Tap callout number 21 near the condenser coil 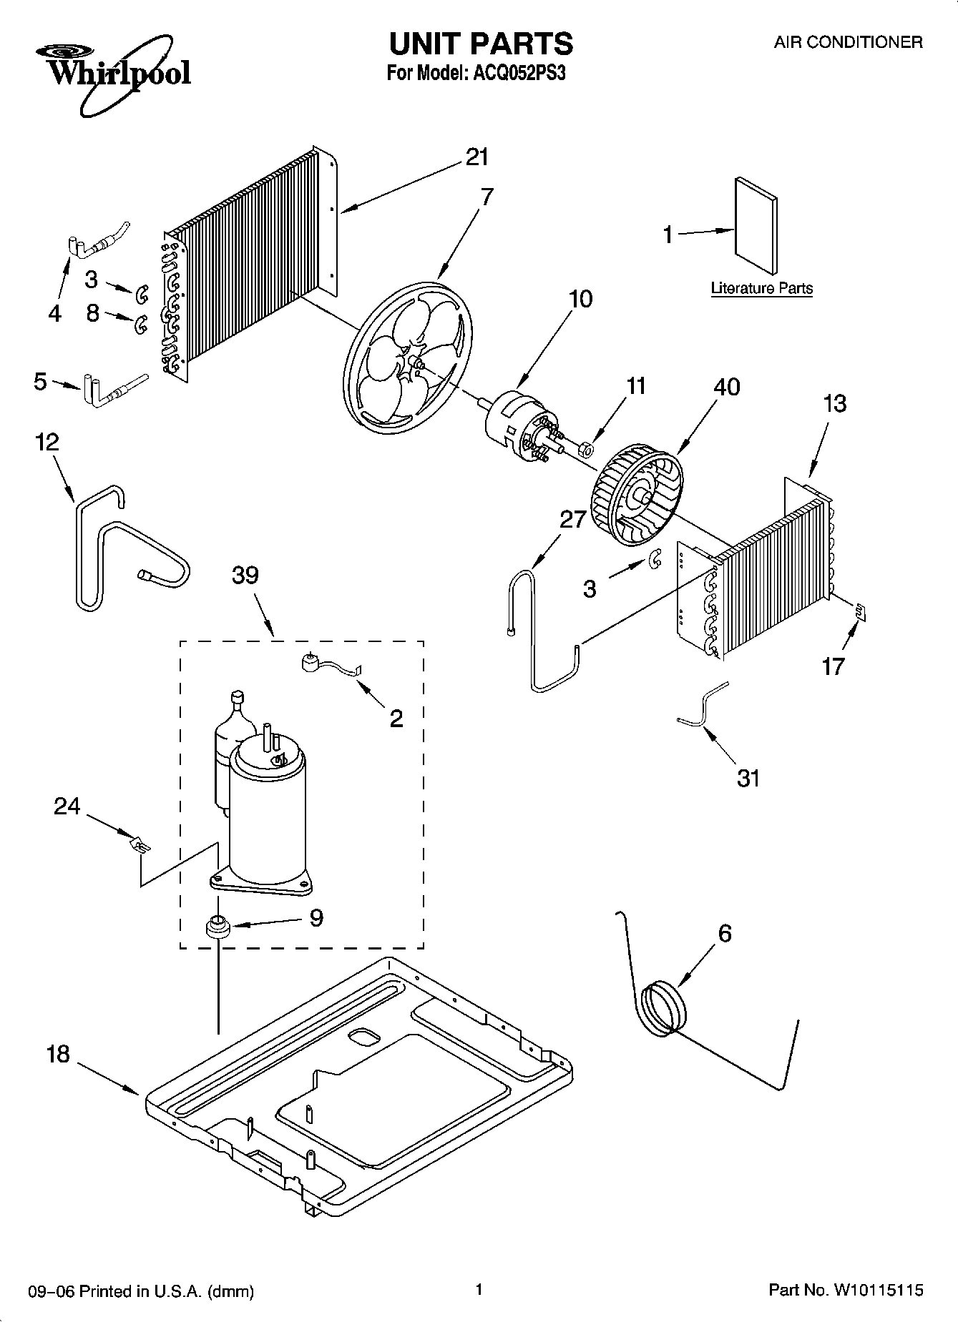point(476,157)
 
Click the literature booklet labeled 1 point(756,226)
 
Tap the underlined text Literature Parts point(761,288)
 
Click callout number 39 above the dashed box point(245,575)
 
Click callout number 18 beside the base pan point(58,1054)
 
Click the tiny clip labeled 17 point(861,610)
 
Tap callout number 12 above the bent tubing point(47,442)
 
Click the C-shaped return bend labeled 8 point(140,324)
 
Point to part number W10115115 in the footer point(877,1290)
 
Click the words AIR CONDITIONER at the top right point(848,42)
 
